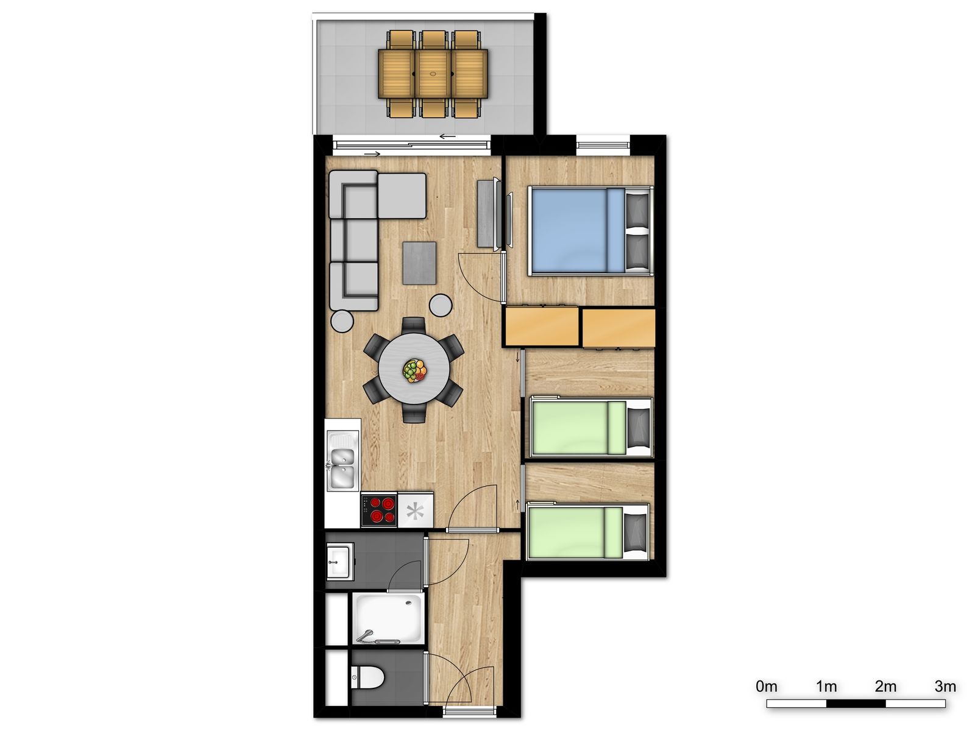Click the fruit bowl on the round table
tap(414, 370)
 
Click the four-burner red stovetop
tap(379, 510)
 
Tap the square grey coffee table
tap(419, 263)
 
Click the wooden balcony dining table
tap(433, 73)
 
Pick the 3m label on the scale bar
tap(945, 687)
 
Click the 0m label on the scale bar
tap(767, 687)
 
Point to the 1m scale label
tap(826, 687)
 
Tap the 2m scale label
tap(885, 687)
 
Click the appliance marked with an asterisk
tap(415, 510)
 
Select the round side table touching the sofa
tap(342, 321)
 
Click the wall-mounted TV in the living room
tap(508, 220)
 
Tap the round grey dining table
tap(414, 370)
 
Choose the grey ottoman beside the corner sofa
tap(402, 196)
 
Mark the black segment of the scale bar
tap(856, 704)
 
